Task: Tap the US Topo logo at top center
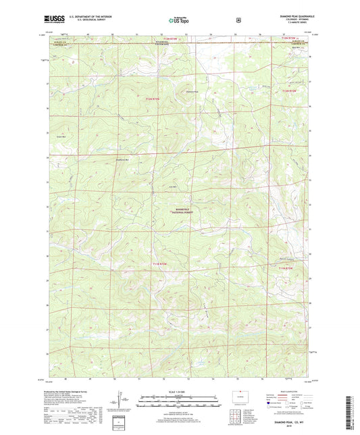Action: tap(179, 20)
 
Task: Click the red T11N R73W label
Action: tap(160, 263)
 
